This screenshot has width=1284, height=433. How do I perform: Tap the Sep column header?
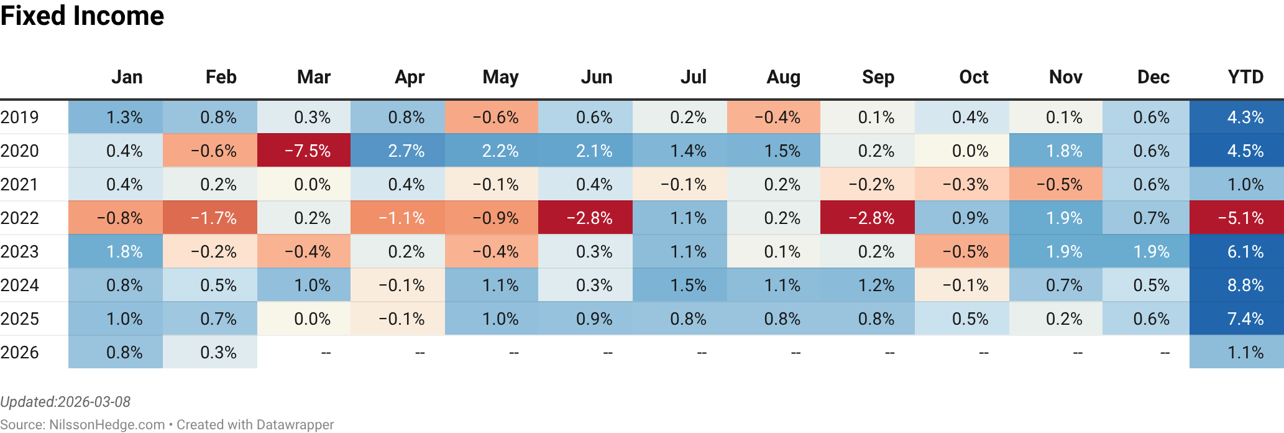tap(878, 77)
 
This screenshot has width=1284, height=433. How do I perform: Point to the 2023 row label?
tap(20, 251)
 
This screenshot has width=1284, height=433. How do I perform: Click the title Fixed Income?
tap(82, 16)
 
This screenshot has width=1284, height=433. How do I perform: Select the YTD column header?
tap(1245, 77)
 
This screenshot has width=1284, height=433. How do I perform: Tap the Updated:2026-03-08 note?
tap(65, 402)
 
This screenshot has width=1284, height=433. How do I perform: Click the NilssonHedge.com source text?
tap(106, 424)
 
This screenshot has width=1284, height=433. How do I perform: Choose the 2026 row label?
tap(20, 352)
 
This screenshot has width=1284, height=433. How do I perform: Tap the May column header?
tap(500, 77)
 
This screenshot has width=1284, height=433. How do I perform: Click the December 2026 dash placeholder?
tap(1164, 353)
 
